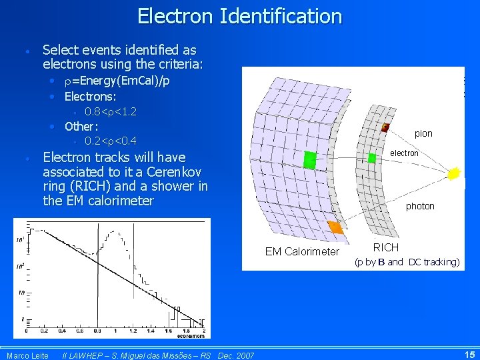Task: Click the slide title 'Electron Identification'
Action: click(239, 16)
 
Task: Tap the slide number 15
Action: click(469, 355)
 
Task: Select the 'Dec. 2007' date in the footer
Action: click(236, 355)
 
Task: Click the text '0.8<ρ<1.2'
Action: click(111, 111)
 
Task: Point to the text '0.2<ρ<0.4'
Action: click(111, 141)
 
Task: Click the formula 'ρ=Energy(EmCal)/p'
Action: click(117, 81)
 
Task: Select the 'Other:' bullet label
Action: click(81, 126)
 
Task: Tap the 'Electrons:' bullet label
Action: click(91, 97)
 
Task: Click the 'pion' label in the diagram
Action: click(423, 133)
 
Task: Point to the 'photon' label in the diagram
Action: click(420, 206)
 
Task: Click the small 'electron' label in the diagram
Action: click(404, 153)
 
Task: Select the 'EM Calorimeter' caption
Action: click(302, 251)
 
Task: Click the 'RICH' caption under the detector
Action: click(386, 247)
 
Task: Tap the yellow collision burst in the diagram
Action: click(455, 173)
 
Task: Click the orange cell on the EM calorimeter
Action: click(335, 228)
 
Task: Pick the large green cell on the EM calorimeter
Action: click(309, 160)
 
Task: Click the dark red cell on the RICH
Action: click(385, 127)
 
